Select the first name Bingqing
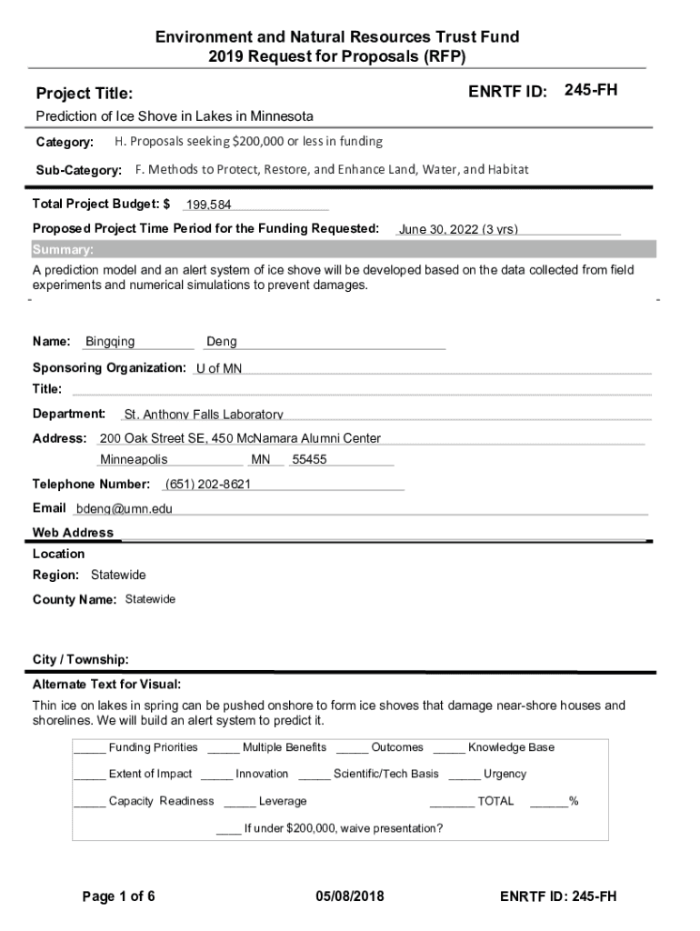110,342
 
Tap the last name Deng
222,342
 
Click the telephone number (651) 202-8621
207,485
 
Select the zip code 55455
309,460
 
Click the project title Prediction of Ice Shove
175,116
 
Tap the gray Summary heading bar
344,250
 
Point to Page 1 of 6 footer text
118,896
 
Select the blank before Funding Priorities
89,749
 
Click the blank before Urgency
464,776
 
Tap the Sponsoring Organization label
109,367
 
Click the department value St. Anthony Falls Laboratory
204,415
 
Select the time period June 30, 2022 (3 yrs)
458,229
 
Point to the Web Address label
73,533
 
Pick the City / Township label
80,658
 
